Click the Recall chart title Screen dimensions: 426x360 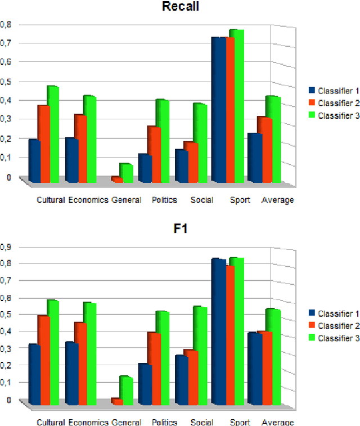pos(180,7)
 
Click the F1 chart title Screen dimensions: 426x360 pos(180,229)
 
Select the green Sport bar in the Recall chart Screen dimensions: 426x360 pos(236,107)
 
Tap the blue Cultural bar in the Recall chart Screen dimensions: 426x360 pos(34,161)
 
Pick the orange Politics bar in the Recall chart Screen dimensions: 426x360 pos(154,155)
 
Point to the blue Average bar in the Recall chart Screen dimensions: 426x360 pos(255,158)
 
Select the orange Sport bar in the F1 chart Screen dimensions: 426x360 pos(229,335)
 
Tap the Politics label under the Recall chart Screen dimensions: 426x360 pos(164,200)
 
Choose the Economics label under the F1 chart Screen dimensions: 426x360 pos(88,423)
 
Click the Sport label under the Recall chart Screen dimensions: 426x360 pos(240,200)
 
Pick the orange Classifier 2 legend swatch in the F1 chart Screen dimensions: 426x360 pos(312,326)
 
